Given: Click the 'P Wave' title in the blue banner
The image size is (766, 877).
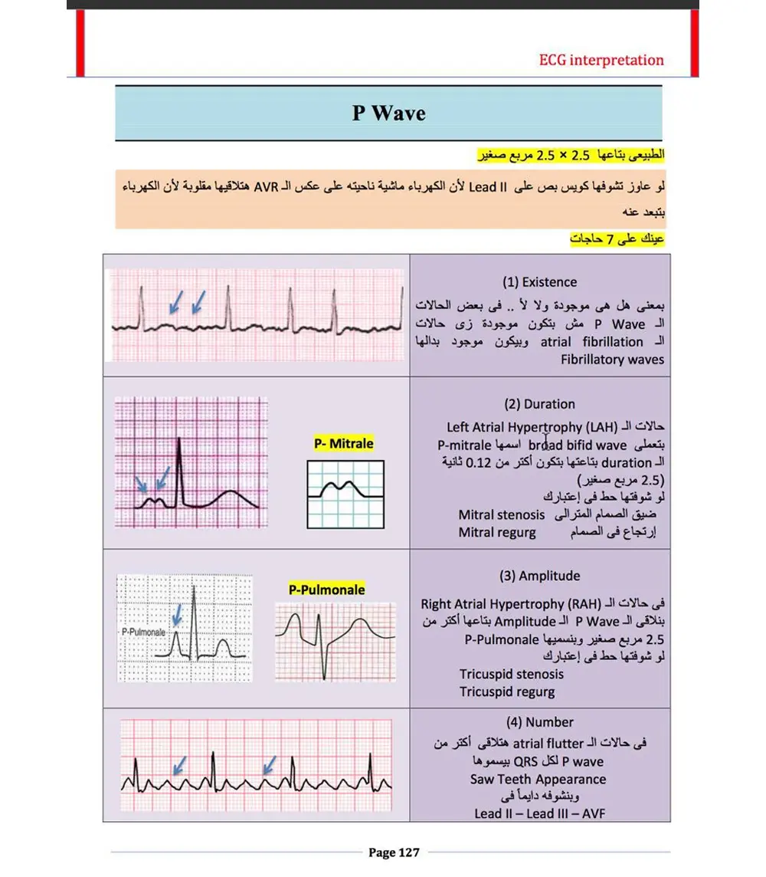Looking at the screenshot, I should pos(388,113).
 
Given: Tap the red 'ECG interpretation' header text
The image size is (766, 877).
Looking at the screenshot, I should pos(601,60).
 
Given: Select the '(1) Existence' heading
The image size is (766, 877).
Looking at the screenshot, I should pos(539,282).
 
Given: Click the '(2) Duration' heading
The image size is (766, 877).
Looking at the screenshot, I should pos(539,404).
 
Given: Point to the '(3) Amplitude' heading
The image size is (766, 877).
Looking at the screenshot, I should pos(539,576).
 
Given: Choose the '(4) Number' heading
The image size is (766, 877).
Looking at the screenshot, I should pos(539,722).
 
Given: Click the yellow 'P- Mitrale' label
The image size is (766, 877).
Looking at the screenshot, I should pos(344,443).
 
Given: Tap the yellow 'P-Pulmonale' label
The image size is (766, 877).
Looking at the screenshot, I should pos(326,590).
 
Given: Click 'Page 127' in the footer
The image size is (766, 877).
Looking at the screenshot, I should pos(394,852).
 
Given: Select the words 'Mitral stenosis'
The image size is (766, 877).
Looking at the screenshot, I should pos(501,514).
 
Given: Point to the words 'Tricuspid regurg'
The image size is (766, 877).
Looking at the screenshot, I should pos(507,691).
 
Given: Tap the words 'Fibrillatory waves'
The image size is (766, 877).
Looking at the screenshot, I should pos(612,359).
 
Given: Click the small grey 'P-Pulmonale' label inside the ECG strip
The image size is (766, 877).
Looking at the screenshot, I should pos(143,632).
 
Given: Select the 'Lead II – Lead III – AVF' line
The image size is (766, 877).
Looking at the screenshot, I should pos(539,813).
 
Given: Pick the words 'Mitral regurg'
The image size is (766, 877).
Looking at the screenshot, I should pos(496,531).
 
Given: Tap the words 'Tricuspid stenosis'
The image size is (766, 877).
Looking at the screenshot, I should pos(511,675).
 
